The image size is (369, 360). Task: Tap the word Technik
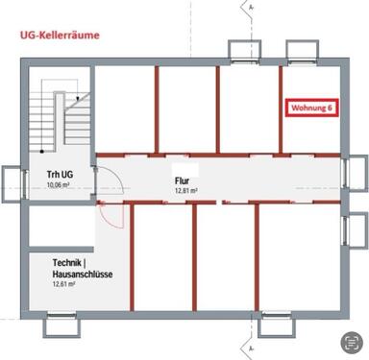70,262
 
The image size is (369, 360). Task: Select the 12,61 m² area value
64,284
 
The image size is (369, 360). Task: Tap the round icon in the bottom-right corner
353,342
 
